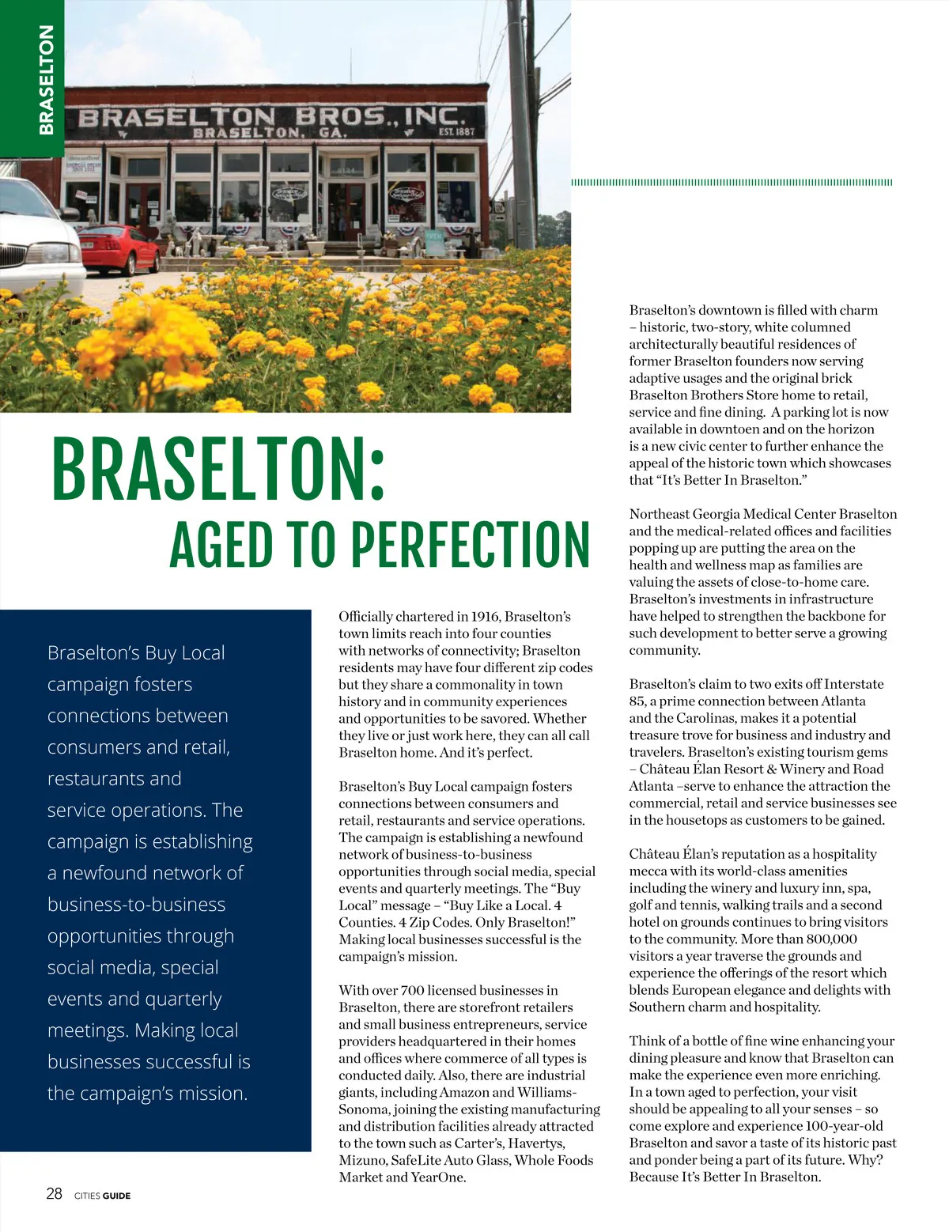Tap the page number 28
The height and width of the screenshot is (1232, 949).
pyautogui.click(x=54, y=1194)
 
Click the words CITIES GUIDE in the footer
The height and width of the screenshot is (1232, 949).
pyautogui.click(x=102, y=1196)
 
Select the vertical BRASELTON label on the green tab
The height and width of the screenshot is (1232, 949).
pyautogui.click(x=47, y=79)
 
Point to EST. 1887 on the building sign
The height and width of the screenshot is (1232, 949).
pyautogui.click(x=456, y=131)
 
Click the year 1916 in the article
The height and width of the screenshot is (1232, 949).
pyautogui.click(x=485, y=617)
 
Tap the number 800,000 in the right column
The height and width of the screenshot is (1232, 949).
pyautogui.click(x=832, y=939)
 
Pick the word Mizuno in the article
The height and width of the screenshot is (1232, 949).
pyautogui.click(x=361, y=1160)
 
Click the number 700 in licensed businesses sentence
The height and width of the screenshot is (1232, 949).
pyautogui.click(x=412, y=990)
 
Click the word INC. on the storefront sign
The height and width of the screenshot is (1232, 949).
pyautogui.click(x=432, y=117)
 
